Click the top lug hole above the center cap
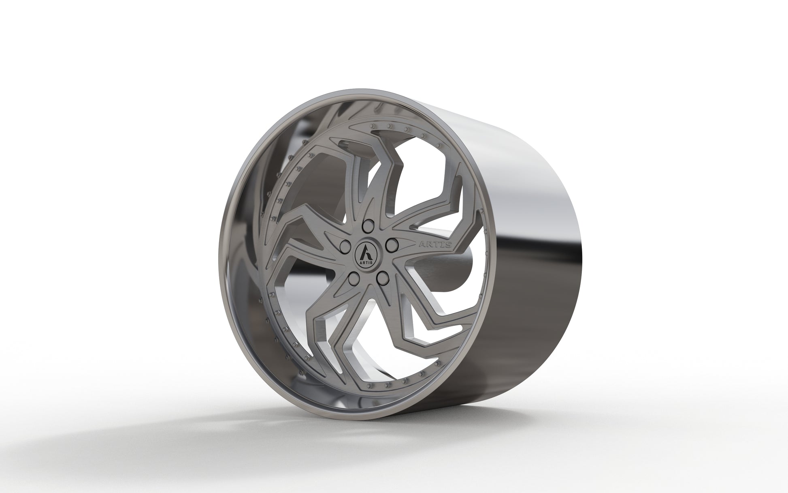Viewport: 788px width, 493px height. click(368, 225)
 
